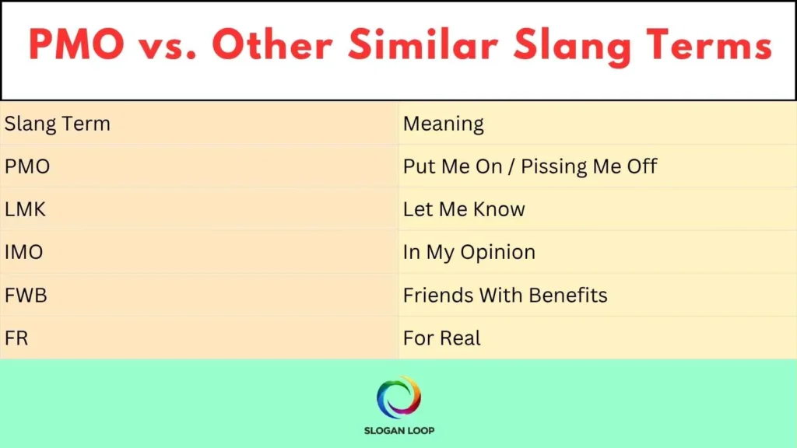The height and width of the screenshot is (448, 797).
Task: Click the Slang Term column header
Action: coord(58,124)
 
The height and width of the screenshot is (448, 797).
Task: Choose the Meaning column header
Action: coord(443,124)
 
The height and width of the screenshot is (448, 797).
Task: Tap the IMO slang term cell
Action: coord(23,252)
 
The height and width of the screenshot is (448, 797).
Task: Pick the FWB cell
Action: coord(25,295)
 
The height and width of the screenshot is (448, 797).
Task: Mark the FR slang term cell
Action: coord(16,338)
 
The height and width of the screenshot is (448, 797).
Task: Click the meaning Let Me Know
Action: coord(464,209)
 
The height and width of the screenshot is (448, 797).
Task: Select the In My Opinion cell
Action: coord(469,252)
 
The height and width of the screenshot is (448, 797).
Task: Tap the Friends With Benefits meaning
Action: coord(505,295)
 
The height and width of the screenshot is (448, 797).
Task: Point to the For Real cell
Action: coord(441,338)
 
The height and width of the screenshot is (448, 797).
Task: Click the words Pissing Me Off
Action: coord(589,166)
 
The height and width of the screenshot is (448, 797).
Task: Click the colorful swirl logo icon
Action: coord(398,397)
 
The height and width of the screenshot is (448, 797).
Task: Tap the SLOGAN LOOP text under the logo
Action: coord(398,430)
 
